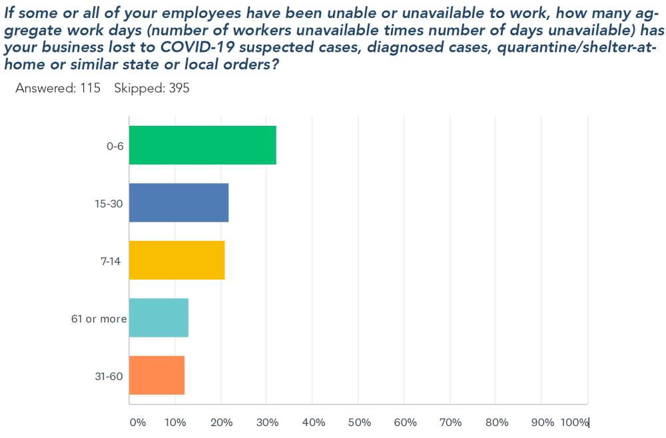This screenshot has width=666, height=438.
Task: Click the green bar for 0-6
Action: coord(202,145)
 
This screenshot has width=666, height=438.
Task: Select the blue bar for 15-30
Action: coord(178,202)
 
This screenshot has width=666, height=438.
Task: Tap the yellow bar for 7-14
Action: coord(176,260)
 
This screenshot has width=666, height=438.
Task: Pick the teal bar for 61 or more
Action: coord(159,318)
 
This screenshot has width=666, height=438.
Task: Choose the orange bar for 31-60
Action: coord(157,375)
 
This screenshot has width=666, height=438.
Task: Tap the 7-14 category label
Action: coord(110,261)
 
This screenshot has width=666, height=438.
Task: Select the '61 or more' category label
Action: coord(99,319)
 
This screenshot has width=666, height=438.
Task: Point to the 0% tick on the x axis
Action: coord(137,423)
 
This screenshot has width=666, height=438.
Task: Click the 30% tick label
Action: coord(267,423)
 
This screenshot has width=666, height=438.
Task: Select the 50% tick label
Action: coord(359,423)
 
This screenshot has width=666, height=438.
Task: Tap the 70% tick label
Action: coord(451,423)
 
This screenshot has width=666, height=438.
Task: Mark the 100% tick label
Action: coord(574,423)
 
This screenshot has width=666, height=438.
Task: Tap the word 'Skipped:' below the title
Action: coord(137,89)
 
